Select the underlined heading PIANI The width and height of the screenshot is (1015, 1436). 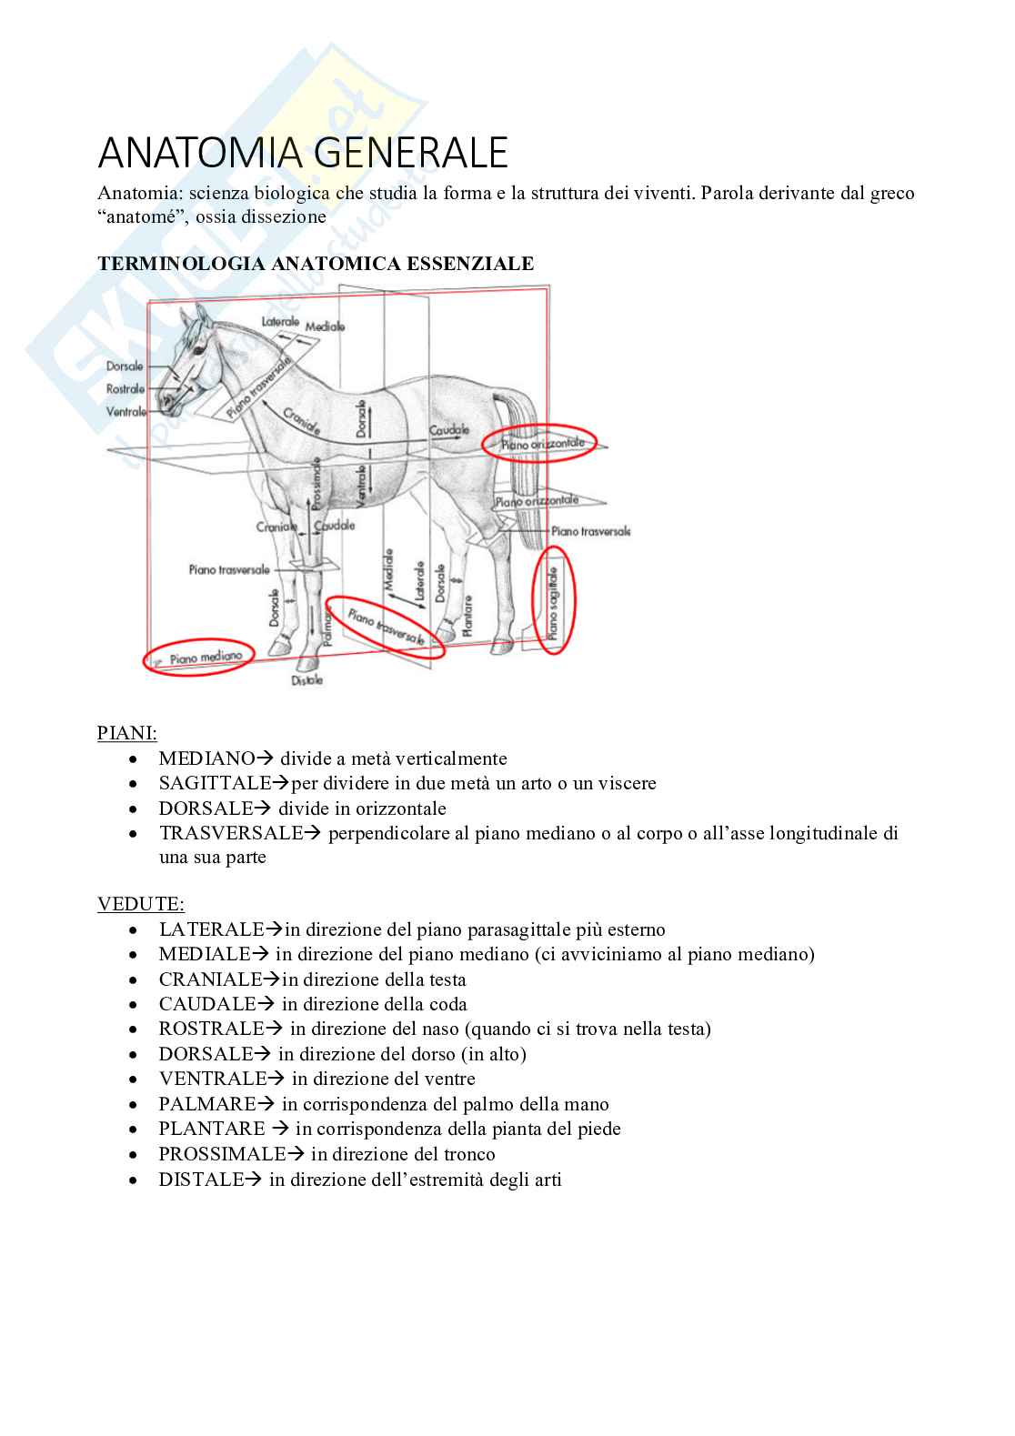(126, 732)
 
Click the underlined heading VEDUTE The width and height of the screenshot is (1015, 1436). (140, 904)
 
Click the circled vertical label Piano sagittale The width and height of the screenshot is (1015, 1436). (553, 600)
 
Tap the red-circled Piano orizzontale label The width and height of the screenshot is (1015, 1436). (540, 444)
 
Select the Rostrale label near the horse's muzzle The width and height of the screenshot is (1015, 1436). (126, 389)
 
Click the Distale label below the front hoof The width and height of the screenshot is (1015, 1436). (307, 680)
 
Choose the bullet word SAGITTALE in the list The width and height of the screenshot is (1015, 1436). (216, 783)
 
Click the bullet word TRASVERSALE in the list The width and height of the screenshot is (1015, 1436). (231, 833)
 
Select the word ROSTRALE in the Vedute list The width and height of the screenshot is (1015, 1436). (211, 1029)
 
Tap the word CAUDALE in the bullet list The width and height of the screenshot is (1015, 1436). (207, 1004)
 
